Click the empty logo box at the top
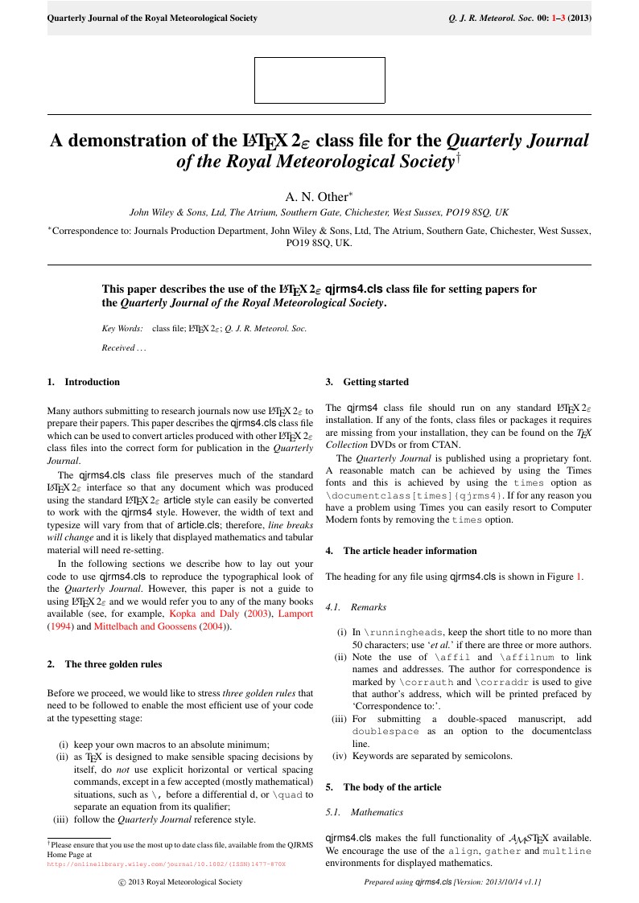click(x=319, y=80)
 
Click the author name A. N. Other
click(x=319, y=196)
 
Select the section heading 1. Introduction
click(x=84, y=382)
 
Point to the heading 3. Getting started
click(x=367, y=382)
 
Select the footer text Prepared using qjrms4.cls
click(x=452, y=882)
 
